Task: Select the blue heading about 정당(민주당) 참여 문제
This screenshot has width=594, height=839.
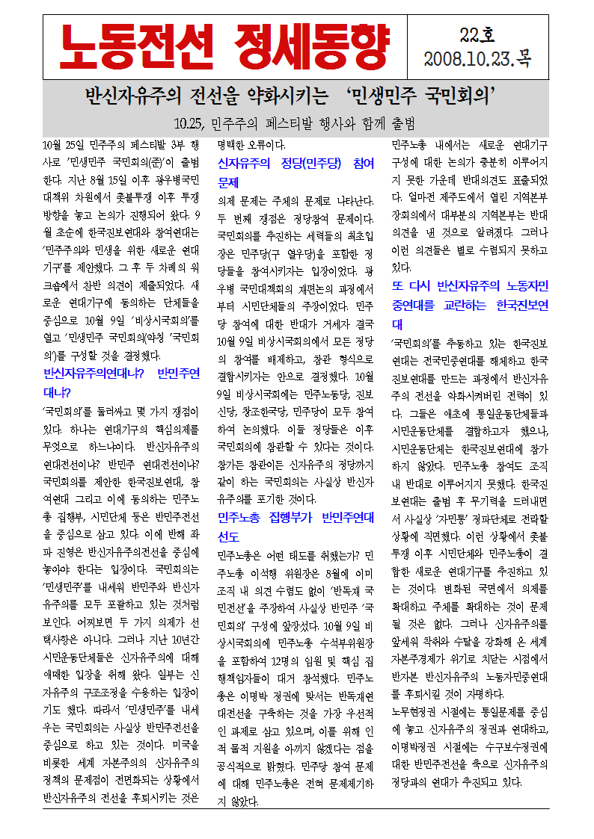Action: pyautogui.click(x=295, y=173)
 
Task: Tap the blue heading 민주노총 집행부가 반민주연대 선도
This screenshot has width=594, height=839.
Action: pyautogui.click(x=295, y=527)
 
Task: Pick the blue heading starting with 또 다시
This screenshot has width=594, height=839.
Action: pyautogui.click(x=470, y=296)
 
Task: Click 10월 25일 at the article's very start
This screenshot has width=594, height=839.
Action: pyautogui.click(x=67, y=144)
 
